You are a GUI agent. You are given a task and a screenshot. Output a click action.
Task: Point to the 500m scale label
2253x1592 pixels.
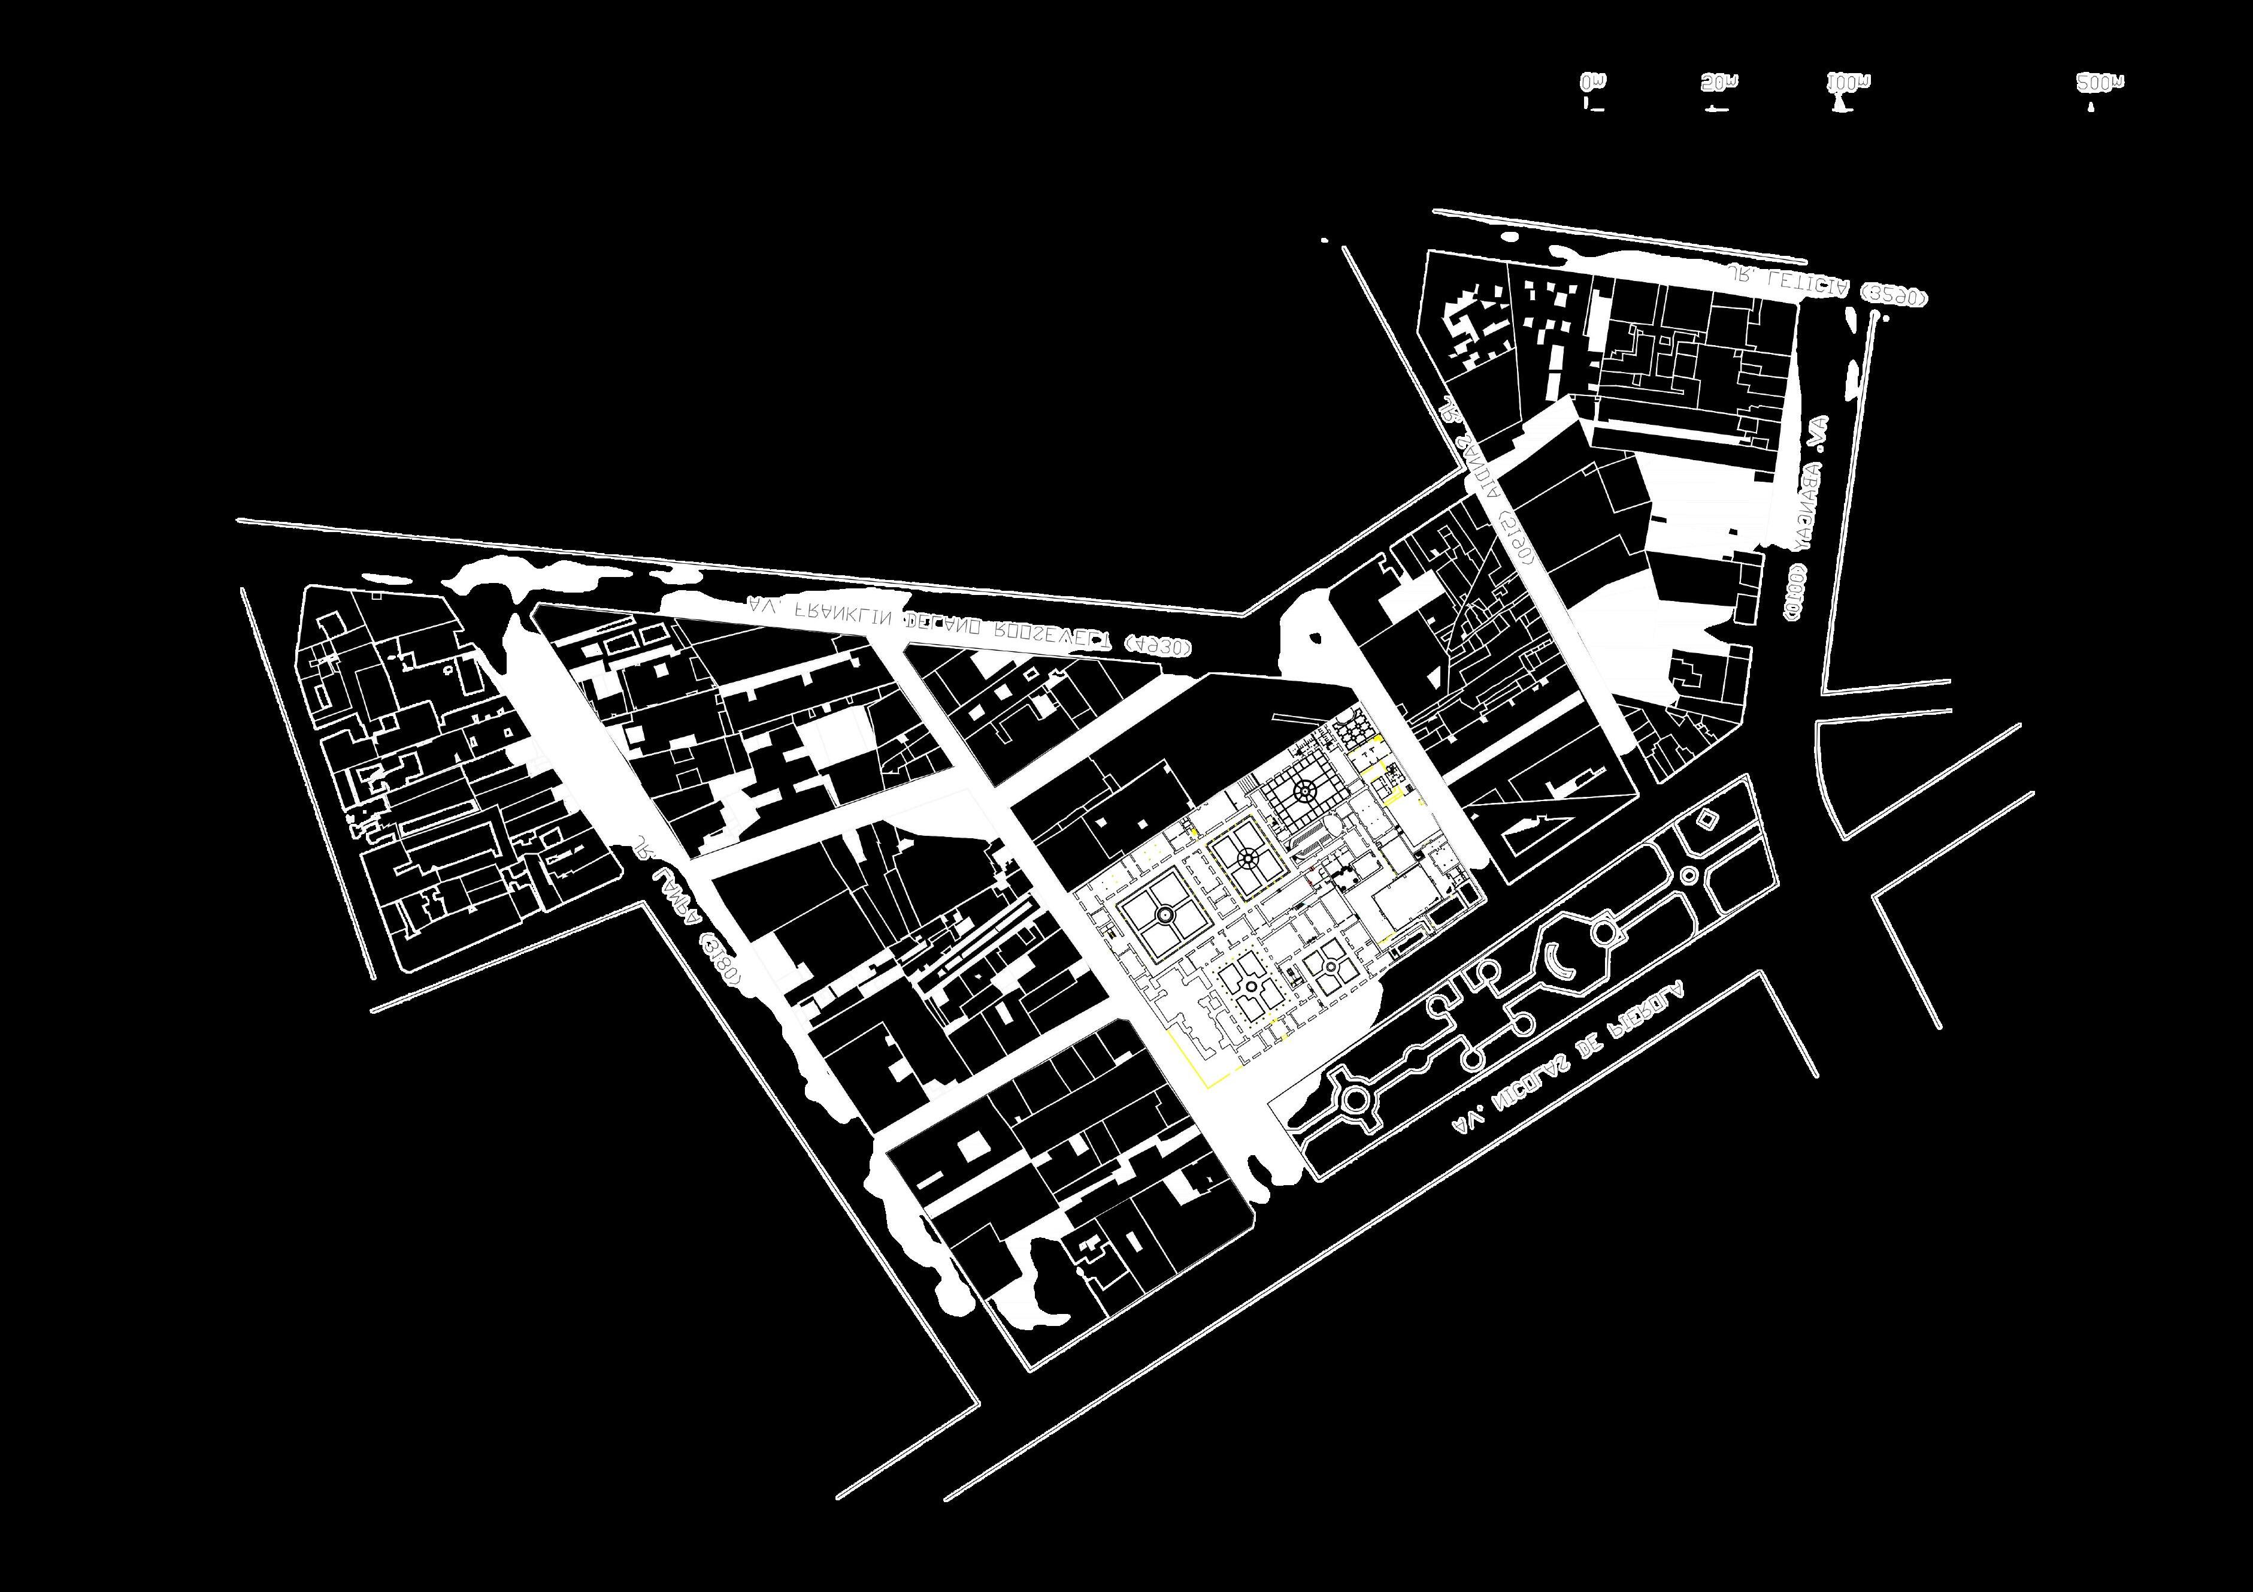(2100, 83)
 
